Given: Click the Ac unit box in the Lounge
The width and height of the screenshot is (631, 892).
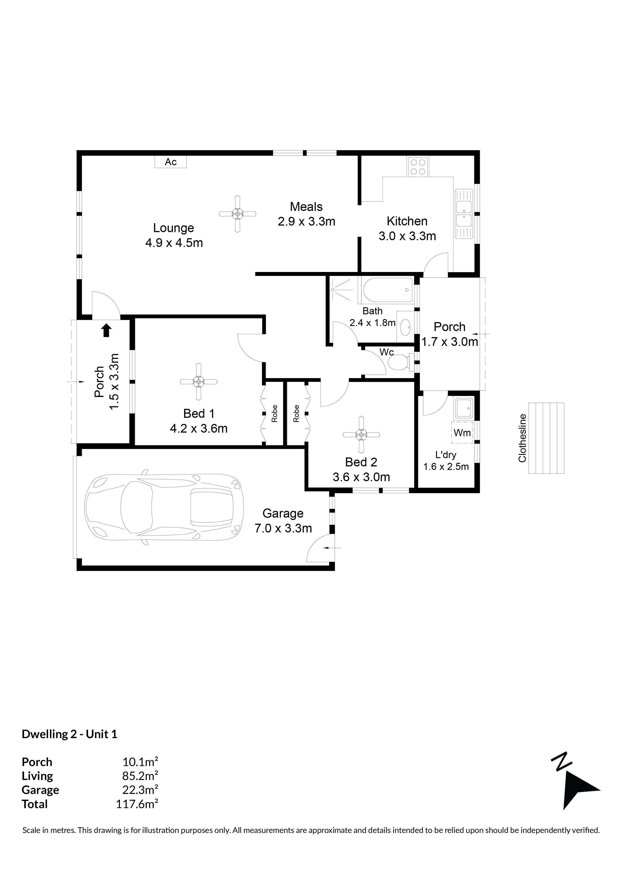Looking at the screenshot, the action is tap(171, 162).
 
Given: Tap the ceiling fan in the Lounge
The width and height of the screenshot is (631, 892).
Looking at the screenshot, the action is tap(238, 214).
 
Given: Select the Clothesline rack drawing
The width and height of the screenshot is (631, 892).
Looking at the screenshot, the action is tap(546, 438).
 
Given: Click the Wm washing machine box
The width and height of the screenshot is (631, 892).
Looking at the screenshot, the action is tap(462, 432).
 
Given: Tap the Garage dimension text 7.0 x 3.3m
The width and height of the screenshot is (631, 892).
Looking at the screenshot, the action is tap(283, 528).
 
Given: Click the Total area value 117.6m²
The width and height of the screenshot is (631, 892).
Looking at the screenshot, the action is tap(137, 804).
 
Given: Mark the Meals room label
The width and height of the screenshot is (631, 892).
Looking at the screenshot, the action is tap(306, 207).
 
